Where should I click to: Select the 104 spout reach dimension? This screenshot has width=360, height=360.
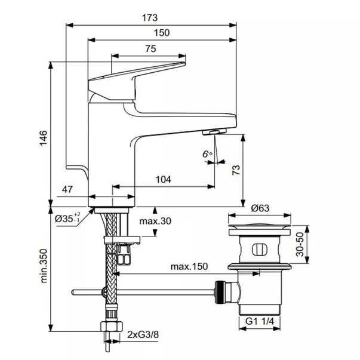163,179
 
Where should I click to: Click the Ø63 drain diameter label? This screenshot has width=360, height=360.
260,208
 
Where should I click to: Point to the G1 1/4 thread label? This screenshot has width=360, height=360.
261,322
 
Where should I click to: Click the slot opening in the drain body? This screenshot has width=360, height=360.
260,249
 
